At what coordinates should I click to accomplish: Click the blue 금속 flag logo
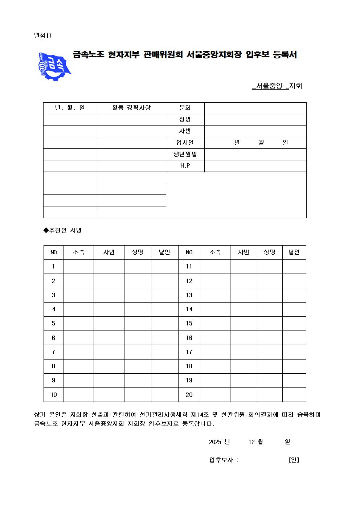tap(54, 66)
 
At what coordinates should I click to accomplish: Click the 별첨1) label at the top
tap(43, 35)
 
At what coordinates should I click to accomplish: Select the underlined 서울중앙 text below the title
tap(269, 86)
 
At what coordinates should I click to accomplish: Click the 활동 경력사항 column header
tap(131, 108)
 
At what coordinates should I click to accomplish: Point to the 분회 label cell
tap(185, 108)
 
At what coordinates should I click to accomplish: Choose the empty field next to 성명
tap(255, 119)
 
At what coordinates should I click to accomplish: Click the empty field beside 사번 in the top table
tap(255, 131)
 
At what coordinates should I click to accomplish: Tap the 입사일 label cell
tap(185, 143)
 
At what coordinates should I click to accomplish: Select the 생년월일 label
tap(185, 154)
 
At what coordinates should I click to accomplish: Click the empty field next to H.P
tap(255, 166)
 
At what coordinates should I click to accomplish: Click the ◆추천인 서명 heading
tap(62, 230)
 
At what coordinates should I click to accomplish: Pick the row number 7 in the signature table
tap(53, 352)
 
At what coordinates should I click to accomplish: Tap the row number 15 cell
tap(189, 323)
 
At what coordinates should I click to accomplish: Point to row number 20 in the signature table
tap(189, 395)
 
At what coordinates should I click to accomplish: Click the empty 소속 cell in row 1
tap(79, 266)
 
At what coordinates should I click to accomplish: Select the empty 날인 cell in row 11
tap(294, 266)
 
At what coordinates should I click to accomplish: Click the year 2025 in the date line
tap(215, 442)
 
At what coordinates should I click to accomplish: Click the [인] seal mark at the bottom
tap(294, 460)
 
